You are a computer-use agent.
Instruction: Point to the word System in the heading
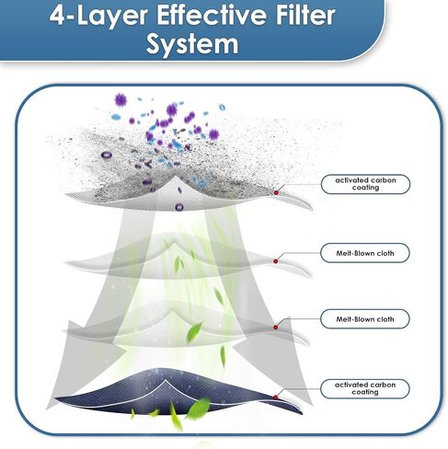click(192, 44)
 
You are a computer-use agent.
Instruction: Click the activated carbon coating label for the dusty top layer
click(365, 184)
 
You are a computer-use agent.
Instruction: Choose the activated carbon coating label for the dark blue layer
click(365, 388)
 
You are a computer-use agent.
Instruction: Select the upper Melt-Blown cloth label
click(365, 253)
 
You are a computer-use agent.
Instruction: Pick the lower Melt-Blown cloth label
click(365, 319)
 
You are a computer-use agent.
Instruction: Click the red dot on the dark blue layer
click(275, 397)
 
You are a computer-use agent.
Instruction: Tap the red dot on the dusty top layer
click(276, 192)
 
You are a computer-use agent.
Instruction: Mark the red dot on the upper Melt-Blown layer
click(275, 261)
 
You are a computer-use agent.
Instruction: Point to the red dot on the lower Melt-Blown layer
click(275, 328)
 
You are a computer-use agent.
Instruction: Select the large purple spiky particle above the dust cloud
click(121, 100)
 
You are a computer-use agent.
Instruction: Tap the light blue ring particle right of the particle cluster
click(222, 108)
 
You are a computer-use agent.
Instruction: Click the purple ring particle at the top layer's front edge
click(179, 207)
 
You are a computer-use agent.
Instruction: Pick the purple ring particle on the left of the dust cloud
click(106, 155)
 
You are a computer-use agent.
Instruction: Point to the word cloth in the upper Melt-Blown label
click(383, 253)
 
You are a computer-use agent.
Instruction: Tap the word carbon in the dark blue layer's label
click(382, 385)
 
